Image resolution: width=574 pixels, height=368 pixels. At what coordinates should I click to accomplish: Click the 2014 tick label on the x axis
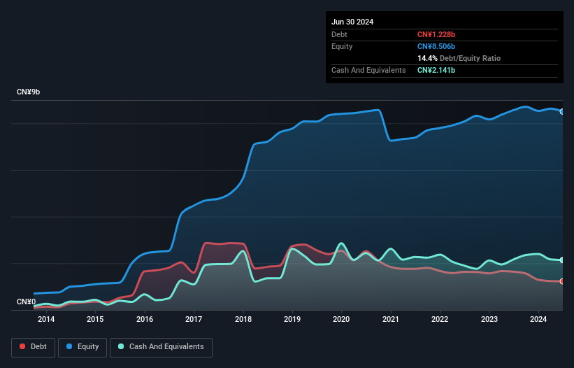[46, 320]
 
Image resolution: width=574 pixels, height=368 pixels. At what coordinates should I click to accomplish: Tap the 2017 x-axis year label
[194, 320]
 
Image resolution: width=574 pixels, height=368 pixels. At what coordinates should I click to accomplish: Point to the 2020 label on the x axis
[342, 320]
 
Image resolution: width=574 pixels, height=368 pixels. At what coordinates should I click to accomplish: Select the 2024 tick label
[538, 320]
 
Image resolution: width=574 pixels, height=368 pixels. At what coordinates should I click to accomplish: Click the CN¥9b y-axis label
[29, 92]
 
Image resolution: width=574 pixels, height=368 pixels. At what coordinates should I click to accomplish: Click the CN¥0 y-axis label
[27, 302]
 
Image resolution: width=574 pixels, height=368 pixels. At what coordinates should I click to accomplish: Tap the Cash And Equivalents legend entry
[161, 347]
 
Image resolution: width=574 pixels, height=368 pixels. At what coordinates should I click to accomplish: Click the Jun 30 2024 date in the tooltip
[352, 22]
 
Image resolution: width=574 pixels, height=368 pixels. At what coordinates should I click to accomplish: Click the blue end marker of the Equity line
[562, 111]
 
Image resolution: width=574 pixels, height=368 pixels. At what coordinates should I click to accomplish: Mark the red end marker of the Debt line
[562, 281]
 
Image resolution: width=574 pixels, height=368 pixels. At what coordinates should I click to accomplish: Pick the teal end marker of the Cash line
[562, 260]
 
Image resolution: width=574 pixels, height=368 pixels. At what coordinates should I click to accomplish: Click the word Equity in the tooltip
[342, 46]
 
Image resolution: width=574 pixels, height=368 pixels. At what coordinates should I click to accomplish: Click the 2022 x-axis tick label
[440, 320]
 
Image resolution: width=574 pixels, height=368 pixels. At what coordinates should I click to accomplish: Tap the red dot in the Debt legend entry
[23, 347]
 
